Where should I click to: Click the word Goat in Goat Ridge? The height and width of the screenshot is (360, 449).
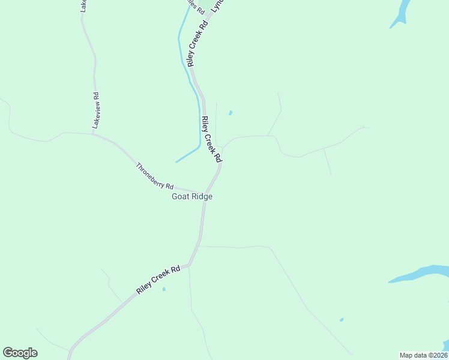point(181,196)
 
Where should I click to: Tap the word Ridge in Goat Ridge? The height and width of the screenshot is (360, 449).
point(202,196)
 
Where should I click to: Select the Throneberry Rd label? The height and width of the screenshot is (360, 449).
point(154,176)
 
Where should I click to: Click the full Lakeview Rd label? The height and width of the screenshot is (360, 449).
point(95,110)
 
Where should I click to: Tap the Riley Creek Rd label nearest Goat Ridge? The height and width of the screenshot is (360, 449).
point(211,139)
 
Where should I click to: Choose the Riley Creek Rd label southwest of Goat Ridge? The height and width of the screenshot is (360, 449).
point(158,280)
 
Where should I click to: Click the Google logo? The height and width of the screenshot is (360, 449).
point(20,353)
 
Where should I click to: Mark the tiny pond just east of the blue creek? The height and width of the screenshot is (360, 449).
point(231,112)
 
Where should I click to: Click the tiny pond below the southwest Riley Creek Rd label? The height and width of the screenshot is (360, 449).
point(163,289)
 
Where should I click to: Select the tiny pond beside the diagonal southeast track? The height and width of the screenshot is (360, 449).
point(342,320)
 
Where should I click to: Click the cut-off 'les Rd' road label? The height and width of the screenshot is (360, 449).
point(191,5)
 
